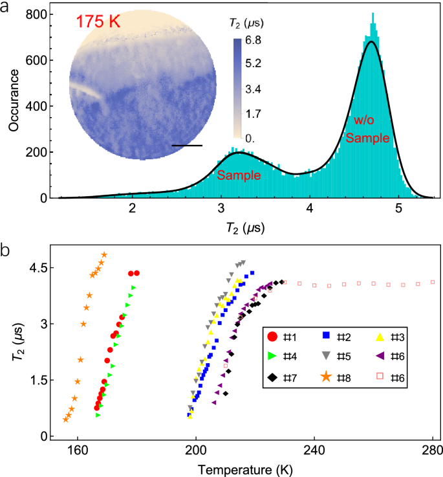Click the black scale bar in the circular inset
[x=187, y=146]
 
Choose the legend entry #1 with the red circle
[x=282, y=336]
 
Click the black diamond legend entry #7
[x=282, y=375]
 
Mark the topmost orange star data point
[x=104, y=255]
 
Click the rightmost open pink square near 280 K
[x=433, y=282]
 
